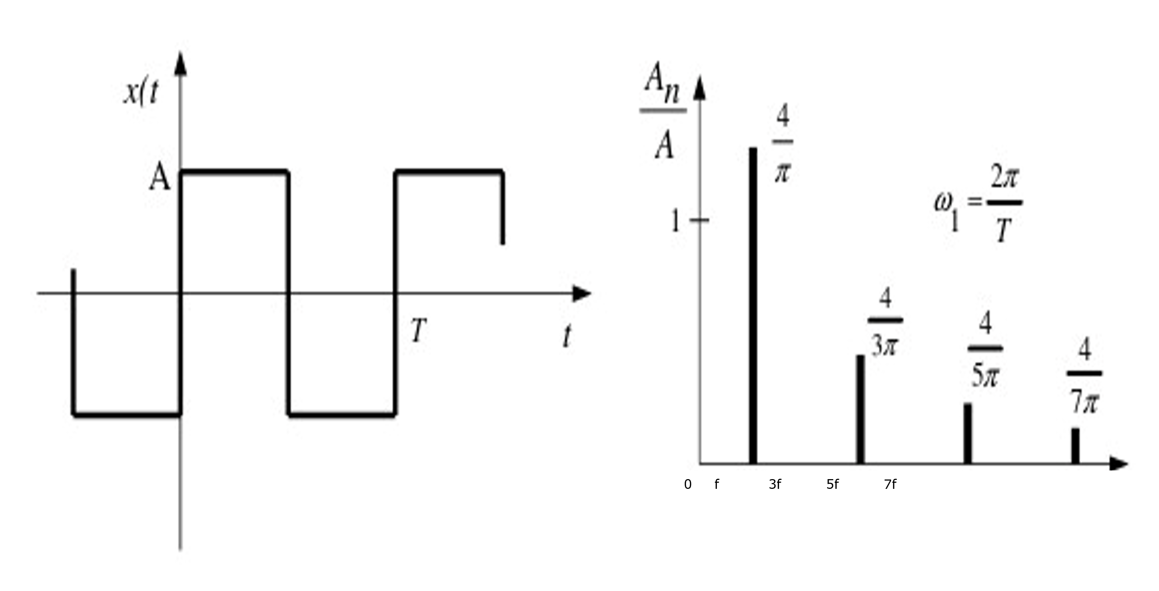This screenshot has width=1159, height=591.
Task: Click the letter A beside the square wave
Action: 160,177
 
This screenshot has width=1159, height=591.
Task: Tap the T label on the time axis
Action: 418,330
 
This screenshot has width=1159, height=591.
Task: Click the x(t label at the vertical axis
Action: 141,93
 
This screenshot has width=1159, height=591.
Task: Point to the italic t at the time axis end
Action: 567,336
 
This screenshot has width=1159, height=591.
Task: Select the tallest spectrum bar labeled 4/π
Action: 753,305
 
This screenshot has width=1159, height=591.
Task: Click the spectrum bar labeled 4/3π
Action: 860,409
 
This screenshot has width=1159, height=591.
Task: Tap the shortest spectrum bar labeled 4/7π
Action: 1075,446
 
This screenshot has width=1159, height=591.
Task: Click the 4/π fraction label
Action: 783,143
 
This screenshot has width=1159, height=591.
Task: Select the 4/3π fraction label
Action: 885,322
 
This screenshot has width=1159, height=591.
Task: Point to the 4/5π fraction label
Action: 985,349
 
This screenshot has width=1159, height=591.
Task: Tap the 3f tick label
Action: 775,484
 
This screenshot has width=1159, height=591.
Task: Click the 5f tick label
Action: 833,484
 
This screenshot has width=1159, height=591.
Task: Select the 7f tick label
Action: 890,484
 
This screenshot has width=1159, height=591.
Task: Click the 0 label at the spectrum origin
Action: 687,484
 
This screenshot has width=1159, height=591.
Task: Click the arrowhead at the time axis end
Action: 581,294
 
